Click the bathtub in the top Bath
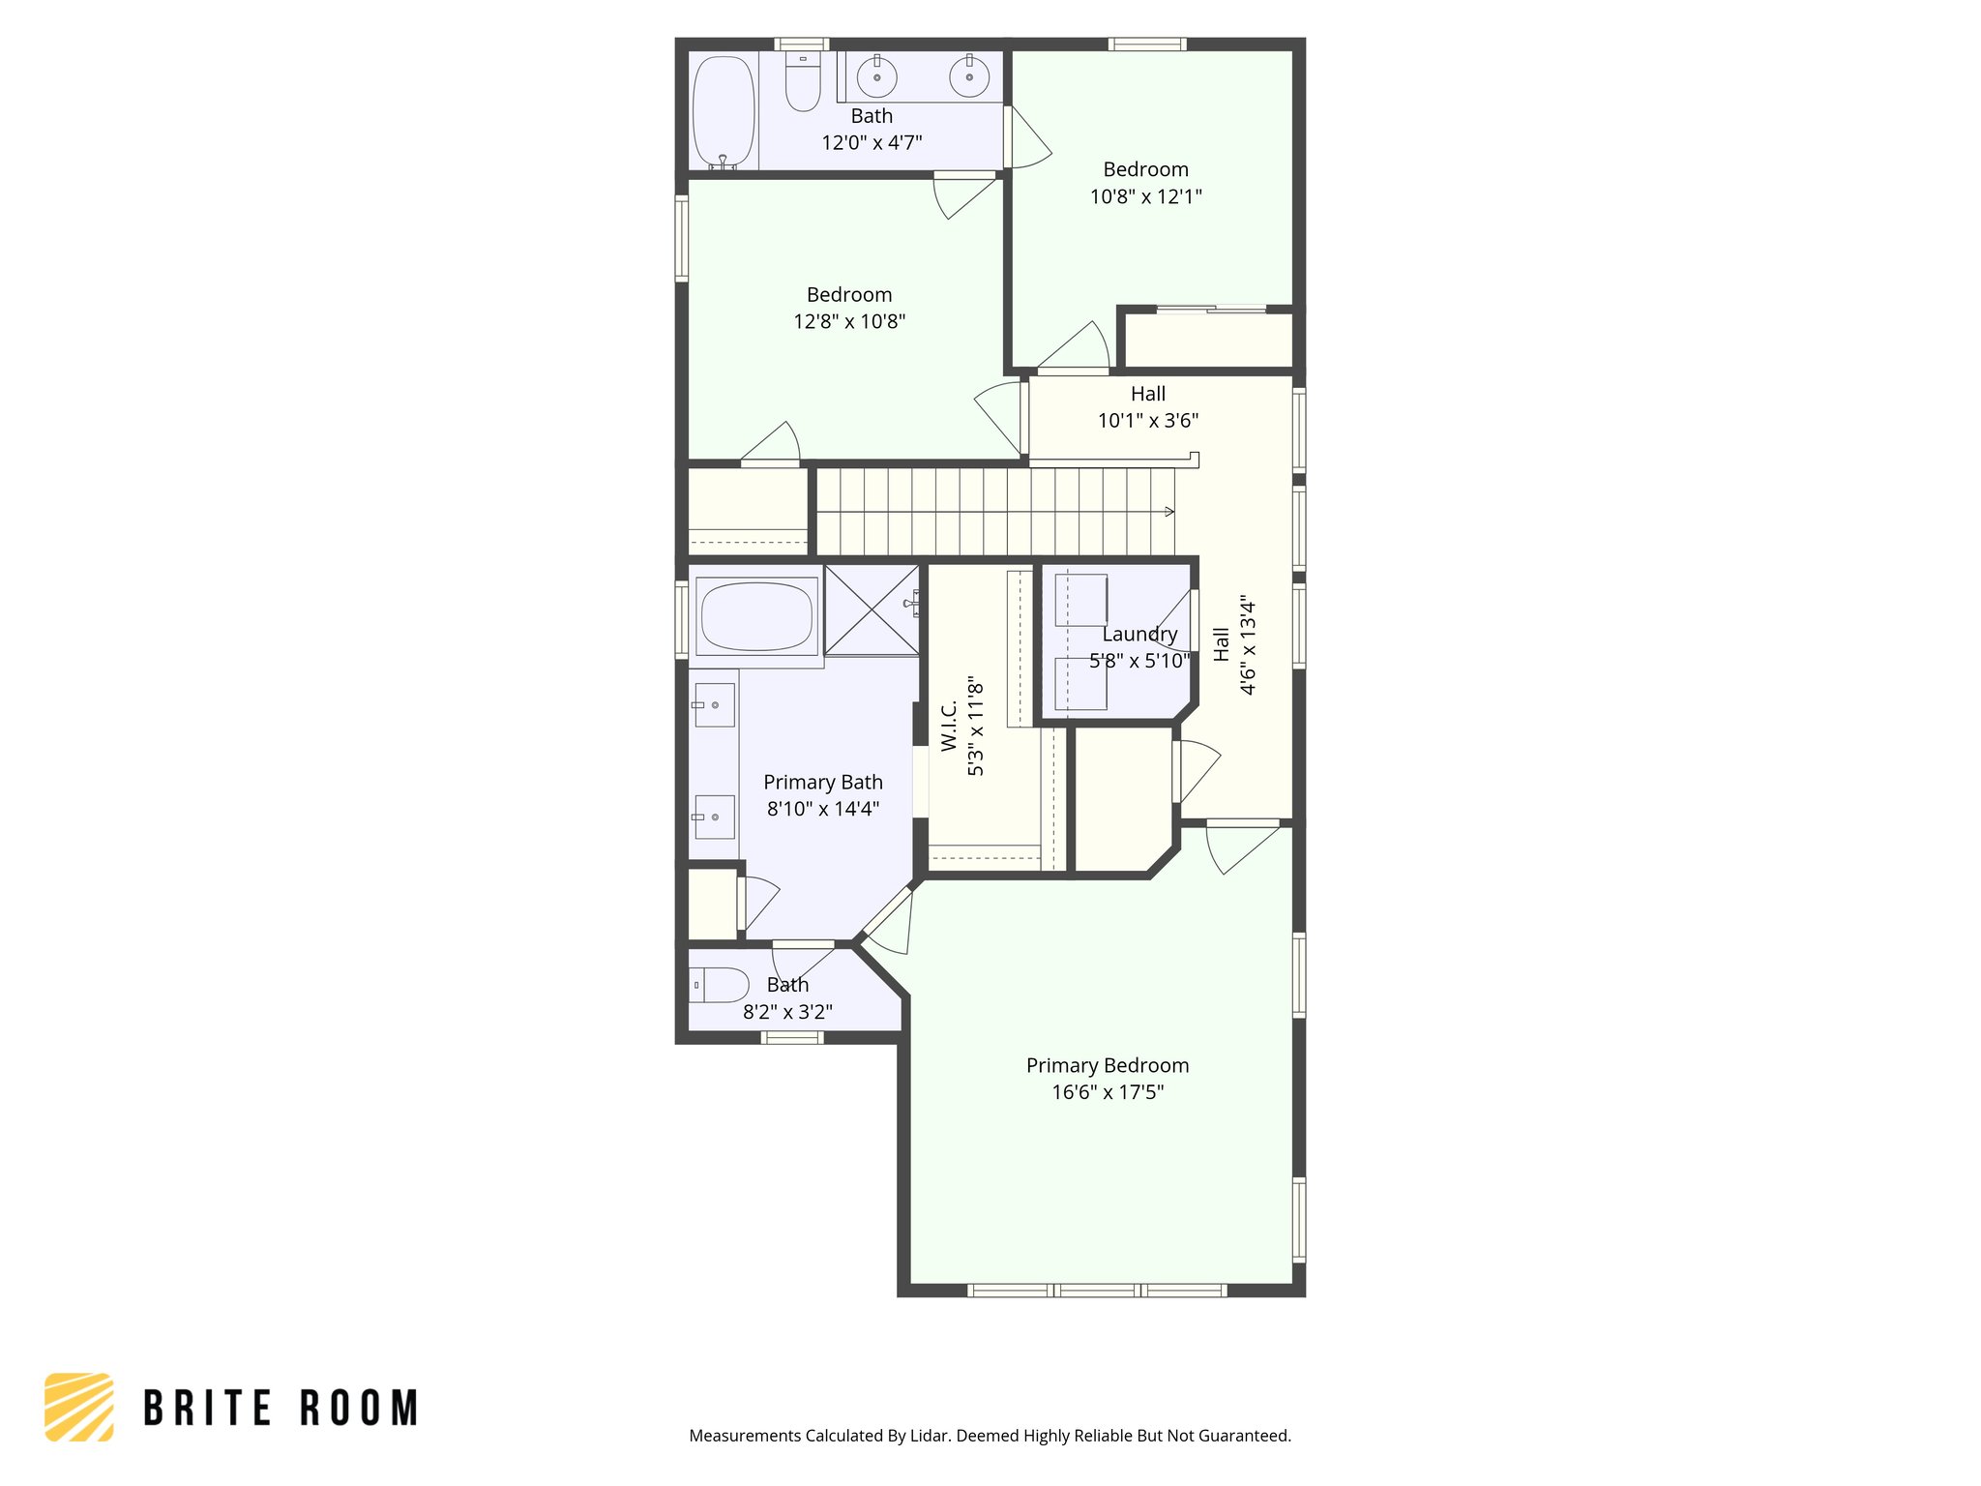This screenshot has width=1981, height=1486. point(724,111)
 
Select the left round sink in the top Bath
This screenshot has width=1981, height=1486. point(877,77)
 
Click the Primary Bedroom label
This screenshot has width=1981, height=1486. point(1108,1065)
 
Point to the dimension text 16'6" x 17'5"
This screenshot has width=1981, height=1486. point(1108,1092)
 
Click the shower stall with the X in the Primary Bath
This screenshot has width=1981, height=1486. point(871,610)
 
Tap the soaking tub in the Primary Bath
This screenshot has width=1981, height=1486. point(756,615)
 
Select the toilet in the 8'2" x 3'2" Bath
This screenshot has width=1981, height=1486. point(720,985)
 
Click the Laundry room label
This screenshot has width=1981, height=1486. point(1139,634)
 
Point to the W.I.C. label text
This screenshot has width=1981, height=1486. point(949,726)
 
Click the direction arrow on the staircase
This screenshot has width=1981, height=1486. point(1168,511)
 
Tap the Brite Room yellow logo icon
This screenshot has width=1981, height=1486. point(79,1407)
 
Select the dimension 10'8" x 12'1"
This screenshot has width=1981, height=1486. point(1145,196)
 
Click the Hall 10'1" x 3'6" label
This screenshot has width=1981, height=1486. point(1148,406)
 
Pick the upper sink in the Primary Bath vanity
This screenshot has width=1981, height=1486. point(715,704)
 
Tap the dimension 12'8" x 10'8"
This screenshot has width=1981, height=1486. point(849,321)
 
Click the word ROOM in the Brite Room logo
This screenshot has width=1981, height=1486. point(359,1408)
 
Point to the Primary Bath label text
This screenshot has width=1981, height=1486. point(823,782)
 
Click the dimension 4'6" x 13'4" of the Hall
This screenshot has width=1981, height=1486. point(1248,646)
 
